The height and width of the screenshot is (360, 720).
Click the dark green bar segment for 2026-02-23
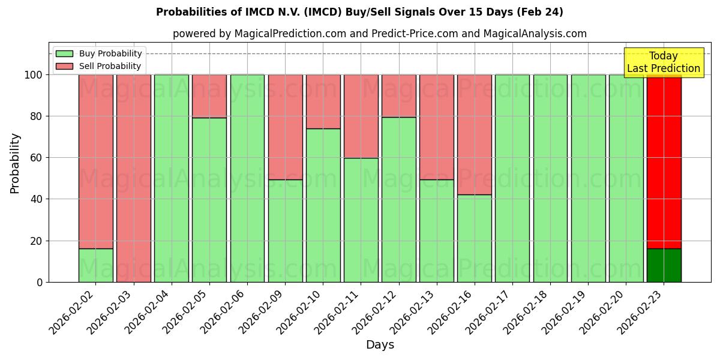click(664, 265)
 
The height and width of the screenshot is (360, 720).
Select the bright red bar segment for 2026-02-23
click(664, 162)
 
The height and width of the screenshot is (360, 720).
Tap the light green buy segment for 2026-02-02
click(95, 265)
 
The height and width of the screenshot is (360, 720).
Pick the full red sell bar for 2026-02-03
click(133, 178)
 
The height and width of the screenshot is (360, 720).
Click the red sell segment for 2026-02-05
click(209, 96)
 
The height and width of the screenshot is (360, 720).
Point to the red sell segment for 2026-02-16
click(475, 134)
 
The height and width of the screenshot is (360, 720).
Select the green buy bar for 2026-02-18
click(550, 178)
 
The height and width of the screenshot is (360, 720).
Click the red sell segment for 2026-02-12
click(398, 95)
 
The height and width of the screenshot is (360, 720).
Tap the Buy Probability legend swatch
click(64, 53)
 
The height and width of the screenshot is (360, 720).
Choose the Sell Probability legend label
click(110, 66)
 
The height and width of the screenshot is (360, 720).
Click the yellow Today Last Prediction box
click(664, 62)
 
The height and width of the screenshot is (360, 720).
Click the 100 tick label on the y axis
click(32, 75)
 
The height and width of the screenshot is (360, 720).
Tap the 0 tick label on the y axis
click(40, 282)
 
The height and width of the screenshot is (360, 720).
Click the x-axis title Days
click(380, 345)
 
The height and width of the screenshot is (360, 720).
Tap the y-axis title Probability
click(15, 163)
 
